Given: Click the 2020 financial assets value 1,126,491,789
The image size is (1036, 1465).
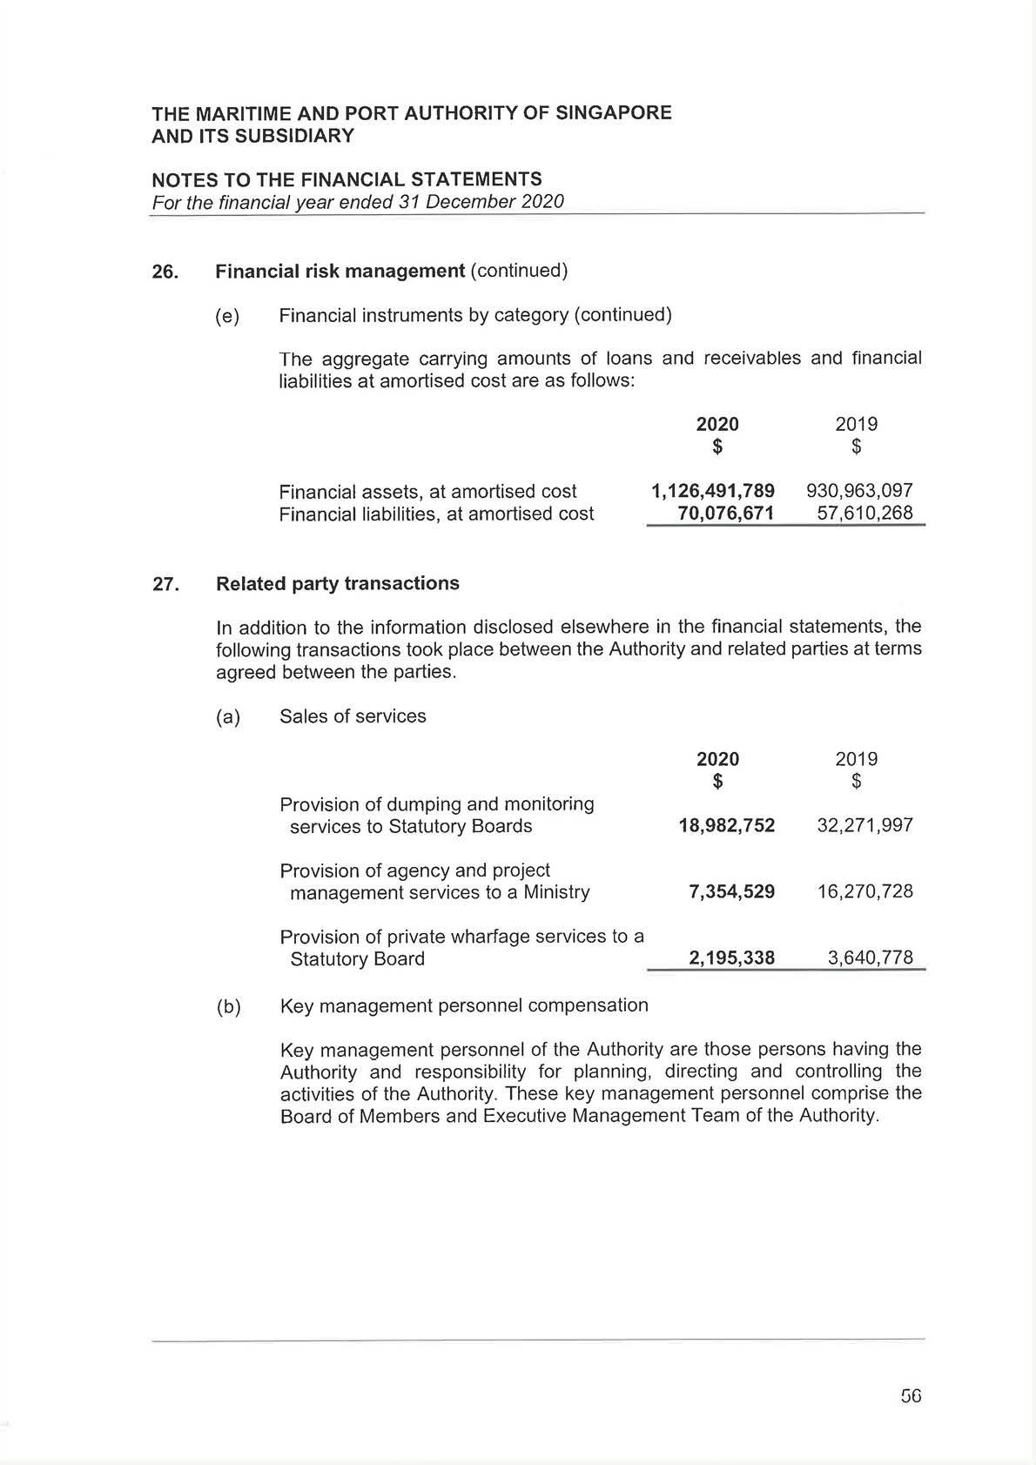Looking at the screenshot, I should pyautogui.click(x=712, y=491).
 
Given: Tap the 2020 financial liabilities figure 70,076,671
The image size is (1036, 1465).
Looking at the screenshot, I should pyautogui.click(x=725, y=514).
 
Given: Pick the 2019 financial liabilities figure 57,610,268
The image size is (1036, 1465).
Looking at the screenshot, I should pyautogui.click(x=864, y=514).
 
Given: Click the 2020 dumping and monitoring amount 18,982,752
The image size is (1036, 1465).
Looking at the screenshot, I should pyautogui.click(x=726, y=825).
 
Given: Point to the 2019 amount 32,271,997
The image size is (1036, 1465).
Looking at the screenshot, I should pyautogui.click(x=864, y=825).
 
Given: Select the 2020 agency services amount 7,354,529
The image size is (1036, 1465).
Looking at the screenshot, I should pyautogui.click(x=731, y=891).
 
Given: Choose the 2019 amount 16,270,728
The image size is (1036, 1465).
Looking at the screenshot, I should pyautogui.click(x=864, y=891).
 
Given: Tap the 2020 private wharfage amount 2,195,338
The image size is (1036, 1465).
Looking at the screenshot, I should pyautogui.click(x=731, y=958).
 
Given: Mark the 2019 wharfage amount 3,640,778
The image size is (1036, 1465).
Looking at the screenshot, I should pyautogui.click(x=870, y=958).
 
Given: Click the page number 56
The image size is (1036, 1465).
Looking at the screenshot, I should pyautogui.click(x=911, y=1396).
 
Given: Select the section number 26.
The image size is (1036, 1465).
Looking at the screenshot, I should pyautogui.click(x=165, y=272).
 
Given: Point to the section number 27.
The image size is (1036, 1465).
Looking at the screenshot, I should pyautogui.click(x=165, y=584).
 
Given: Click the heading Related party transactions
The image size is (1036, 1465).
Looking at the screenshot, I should pyautogui.click(x=337, y=583).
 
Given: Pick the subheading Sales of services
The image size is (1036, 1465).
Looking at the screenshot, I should pyautogui.click(x=353, y=716).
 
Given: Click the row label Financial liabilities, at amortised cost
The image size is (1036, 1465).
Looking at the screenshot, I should pyautogui.click(x=436, y=514).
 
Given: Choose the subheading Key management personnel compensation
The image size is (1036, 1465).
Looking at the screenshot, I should pyautogui.click(x=464, y=1005).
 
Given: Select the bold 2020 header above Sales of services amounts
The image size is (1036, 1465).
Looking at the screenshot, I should pyautogui.click(x=717, y=759).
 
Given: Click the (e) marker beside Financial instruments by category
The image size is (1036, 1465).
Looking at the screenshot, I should pyautogui.click(x=227, y=316).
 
